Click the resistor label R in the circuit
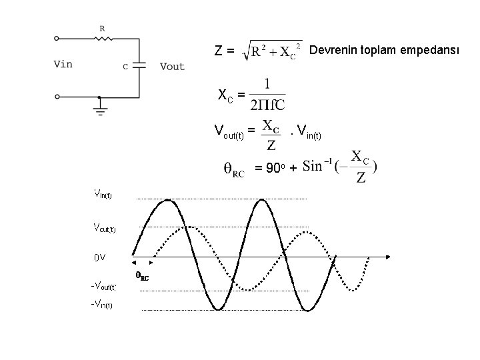pos(101,28)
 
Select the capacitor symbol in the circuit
pos(139,65)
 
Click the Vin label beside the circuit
pos(63,65)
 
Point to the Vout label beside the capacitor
pos(173,65)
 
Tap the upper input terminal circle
pos(57,39)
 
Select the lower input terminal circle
pos(57,97)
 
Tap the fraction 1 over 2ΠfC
pos(267,95)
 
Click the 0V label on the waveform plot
pos(99,257)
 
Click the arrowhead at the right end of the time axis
pos(387,256)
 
